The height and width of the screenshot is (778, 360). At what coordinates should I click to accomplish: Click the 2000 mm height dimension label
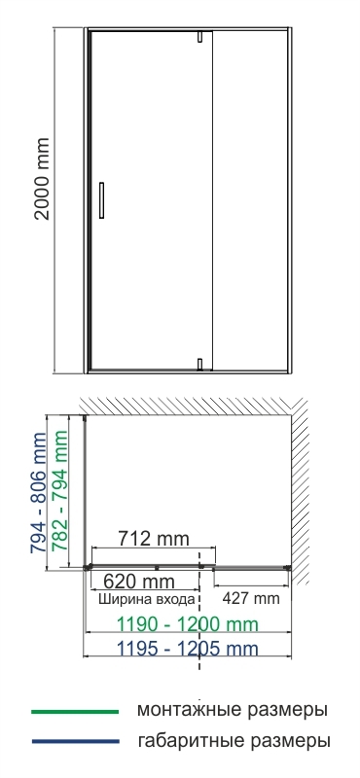[42, 179]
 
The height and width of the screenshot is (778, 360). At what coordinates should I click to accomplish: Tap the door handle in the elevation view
[102, 200]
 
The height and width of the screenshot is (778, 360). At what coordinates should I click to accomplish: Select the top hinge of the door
[199, 37]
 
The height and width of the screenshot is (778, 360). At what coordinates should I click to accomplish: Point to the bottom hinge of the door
[199, 365]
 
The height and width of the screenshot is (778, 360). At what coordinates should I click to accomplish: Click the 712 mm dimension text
[154, 538]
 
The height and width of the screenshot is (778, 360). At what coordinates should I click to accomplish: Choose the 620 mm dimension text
[139, 581]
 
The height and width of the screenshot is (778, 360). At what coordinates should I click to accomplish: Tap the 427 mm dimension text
[251, 598]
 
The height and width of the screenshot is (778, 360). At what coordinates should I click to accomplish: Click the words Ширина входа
[147, 599]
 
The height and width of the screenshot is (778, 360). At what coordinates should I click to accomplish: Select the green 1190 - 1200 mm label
[187, 624]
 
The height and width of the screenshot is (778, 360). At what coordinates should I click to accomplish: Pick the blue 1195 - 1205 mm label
[187, 649]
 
